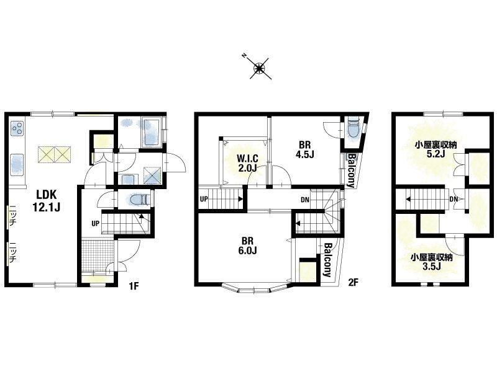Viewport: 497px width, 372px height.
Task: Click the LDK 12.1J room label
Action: tap(46, 200)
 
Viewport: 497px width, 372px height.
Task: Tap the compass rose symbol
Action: tap(260, 68)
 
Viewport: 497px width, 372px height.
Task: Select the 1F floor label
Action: tap(134, 286)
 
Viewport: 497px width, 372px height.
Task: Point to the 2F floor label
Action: tap(353, 282)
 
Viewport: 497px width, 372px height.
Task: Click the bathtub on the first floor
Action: tap(152, 132)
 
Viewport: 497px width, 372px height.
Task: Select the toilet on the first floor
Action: tap(140, 200)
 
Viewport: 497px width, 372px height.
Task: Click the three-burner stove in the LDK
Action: tap(17, 129)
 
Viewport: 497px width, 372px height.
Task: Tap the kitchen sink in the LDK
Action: tap(17, 164)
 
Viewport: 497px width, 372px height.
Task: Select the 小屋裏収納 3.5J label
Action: tap(432, 262)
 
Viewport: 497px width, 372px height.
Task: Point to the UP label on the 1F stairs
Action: tap(96, 224)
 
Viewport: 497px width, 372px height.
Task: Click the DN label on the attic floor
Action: tap(454, 199)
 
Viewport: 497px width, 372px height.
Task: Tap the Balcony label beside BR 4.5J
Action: tap(351, 170)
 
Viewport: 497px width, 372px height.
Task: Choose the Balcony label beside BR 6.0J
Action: tap(327, 260)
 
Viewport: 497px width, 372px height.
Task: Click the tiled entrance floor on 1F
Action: tap(98, 255)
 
